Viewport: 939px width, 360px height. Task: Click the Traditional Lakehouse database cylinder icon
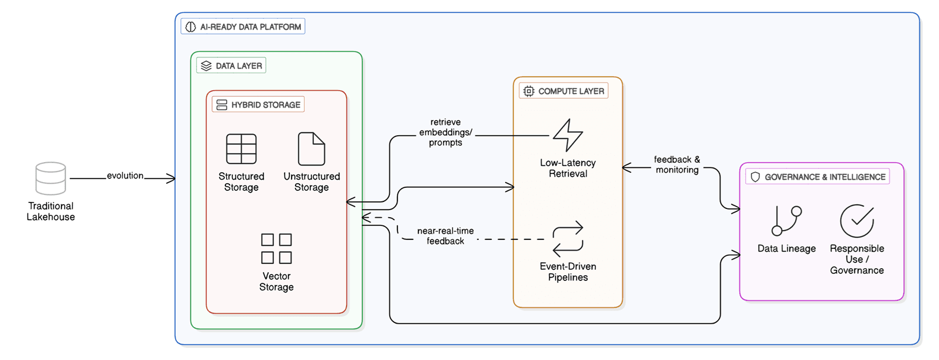(x=50, y=179)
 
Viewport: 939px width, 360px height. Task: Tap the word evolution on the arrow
(x=125, y=176)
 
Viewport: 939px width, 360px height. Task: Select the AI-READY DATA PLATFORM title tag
(x=243, y=27)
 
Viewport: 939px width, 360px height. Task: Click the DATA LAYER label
(x=231, y=66)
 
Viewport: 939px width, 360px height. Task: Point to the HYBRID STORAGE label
(x=258, y=105)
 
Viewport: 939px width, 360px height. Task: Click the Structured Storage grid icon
(x=241, y=149)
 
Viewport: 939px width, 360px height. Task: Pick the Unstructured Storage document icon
(x=311, y=149)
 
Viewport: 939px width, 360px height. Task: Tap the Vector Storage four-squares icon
(x=276, y=249)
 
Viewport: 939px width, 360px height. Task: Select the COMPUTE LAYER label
(x=564, y=91)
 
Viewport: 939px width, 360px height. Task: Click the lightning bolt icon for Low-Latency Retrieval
(x=568, y=135)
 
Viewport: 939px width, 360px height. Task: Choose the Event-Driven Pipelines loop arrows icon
(x=568, y=239)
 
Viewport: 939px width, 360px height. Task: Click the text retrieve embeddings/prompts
(x=445, y=132)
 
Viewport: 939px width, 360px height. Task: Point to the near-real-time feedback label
(x=445, y=236)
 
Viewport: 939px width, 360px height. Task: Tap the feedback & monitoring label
(x=677, y=164)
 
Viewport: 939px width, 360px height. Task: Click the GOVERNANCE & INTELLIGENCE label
(x=818, y=177)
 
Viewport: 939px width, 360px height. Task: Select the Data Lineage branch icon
(x=786, y=221)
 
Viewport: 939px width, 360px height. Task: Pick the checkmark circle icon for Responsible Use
(x=856, y=221)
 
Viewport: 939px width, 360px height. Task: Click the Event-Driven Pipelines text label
(x=568, y=272)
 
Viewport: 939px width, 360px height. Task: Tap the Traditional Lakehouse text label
(x=51, y=211)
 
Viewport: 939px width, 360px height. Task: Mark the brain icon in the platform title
(x=191, y=27)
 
